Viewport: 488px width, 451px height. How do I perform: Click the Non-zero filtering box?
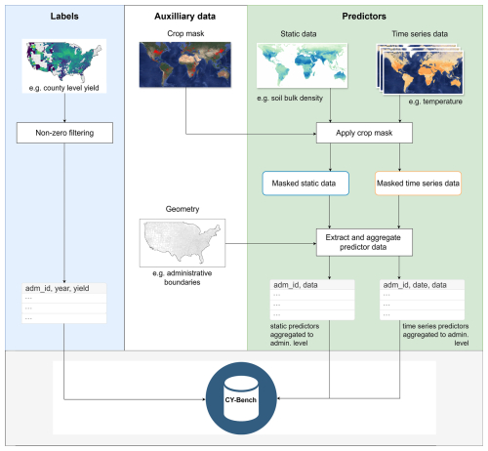click(64, 133)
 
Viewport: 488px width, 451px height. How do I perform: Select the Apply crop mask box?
click(364, 133)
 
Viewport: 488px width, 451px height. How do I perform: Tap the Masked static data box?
click(305, 184)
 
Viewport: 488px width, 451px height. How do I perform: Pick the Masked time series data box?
click(418, 184)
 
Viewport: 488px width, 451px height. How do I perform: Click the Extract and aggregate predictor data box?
click(364, 242)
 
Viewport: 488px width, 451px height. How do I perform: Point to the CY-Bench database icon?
click(241, 398)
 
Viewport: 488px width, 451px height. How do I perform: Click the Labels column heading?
click(64, 17)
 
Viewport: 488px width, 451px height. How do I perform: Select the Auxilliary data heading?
click(184, 17)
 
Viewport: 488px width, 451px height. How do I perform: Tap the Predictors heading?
click(364, 17)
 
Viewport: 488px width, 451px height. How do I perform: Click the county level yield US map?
click(64, 61)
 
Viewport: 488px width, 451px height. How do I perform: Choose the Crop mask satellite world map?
click(185, 64)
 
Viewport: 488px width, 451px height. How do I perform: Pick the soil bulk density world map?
click(302, 65)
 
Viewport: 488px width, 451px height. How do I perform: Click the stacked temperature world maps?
click(420, 69)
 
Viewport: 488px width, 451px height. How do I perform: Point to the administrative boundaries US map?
click(183, 243)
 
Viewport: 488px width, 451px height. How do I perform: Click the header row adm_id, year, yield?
click(64, 288)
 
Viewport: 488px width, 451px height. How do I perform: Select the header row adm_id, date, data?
click(422, 285)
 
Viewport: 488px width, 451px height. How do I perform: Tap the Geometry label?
click(183, 209)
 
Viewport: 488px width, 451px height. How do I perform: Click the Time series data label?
click(420, 34)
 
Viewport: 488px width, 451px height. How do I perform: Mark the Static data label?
click(299, 34)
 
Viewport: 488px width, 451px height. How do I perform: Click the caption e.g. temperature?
click(435, 102)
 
